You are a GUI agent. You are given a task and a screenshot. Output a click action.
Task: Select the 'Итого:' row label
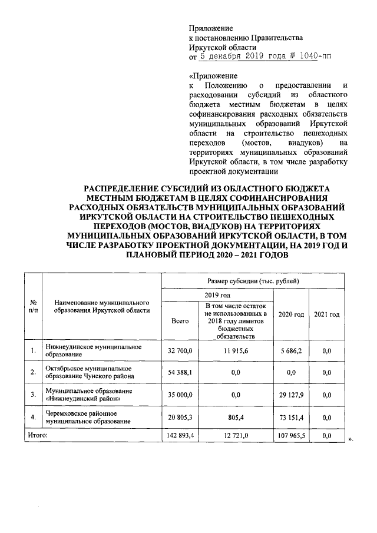pos(35,436)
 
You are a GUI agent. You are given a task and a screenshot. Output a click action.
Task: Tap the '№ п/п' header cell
pos(33,307)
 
